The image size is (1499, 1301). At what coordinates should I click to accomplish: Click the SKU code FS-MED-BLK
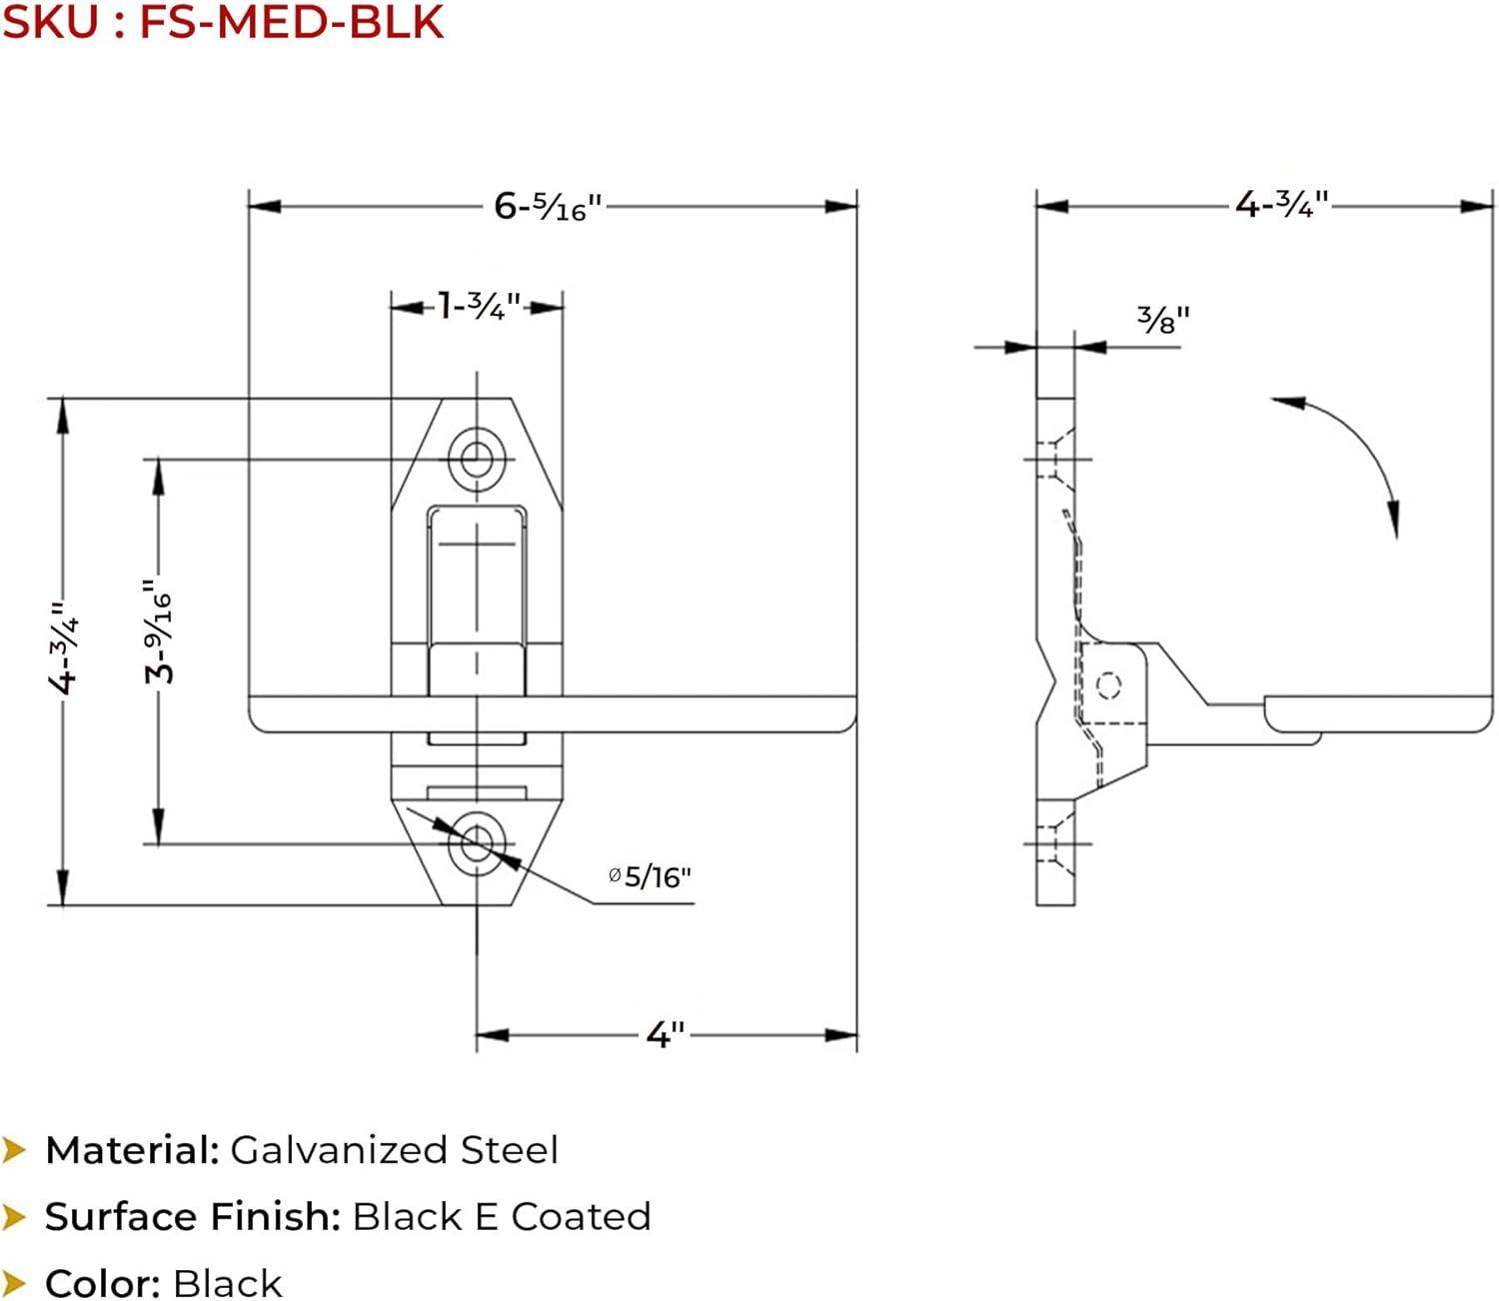click(291, 22)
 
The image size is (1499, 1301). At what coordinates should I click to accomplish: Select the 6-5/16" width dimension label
click(548, 207)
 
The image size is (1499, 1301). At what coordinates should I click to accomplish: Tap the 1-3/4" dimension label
click(480, 306)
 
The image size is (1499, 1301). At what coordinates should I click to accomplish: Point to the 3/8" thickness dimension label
click(1163, 320)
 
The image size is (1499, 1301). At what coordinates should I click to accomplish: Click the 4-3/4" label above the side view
click(1281, 205)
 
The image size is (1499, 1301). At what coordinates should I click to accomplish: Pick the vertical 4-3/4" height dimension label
click(64, 649)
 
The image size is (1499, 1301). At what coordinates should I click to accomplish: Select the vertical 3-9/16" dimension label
click(159, 633)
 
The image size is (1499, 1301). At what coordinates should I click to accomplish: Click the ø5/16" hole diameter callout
click(651, 877)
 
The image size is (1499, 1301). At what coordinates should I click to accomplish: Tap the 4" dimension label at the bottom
click(666, 1034)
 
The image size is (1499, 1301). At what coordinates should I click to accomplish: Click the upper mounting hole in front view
click(477, 460)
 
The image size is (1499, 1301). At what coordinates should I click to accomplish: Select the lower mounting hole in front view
click(477, 843)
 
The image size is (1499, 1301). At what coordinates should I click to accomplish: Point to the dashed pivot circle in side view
click(1108, 685)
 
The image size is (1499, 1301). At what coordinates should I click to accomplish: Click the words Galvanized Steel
click(394, 1150)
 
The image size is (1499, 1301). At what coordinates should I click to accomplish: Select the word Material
click(132, 1150)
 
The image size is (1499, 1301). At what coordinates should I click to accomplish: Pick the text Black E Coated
click(502, 1217)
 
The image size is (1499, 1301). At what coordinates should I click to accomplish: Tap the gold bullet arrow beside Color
click(14, 1283)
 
